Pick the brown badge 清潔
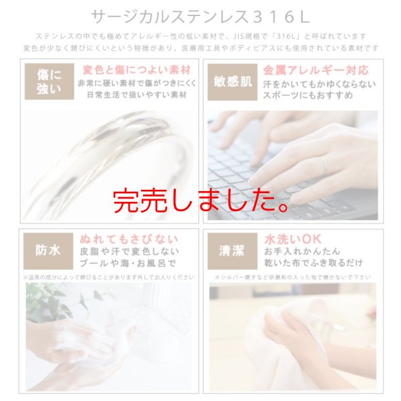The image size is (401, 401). pyautogui.click(x=230, y=251)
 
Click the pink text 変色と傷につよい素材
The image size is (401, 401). pyautogui.click(x=136, y=70)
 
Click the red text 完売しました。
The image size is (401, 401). pyautogui.click(x=200, y=200)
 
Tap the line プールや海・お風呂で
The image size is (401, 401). pyautogui.click(x=129, y=263)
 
